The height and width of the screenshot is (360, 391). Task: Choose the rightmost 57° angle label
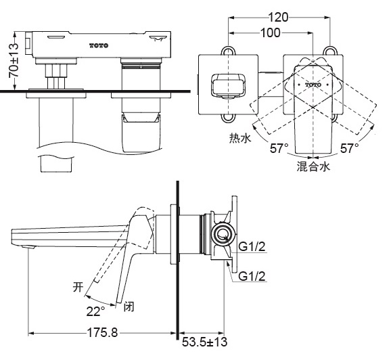point(350,148)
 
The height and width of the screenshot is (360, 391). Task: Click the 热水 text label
point(240,138)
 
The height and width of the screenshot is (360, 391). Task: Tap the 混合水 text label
point(313,166)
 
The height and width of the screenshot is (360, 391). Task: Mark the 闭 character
point(129,306)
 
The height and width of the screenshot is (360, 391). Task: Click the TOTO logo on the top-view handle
point(313,85)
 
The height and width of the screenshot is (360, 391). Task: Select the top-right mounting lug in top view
point(331,50)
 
